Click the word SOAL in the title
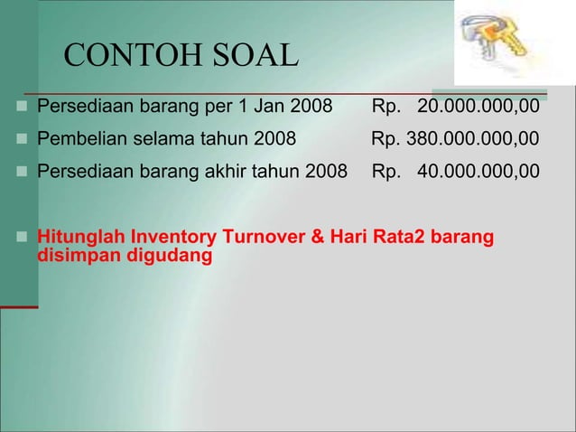[254, 57]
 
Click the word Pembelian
[78, 139]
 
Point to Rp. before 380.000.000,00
[386, 139]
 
